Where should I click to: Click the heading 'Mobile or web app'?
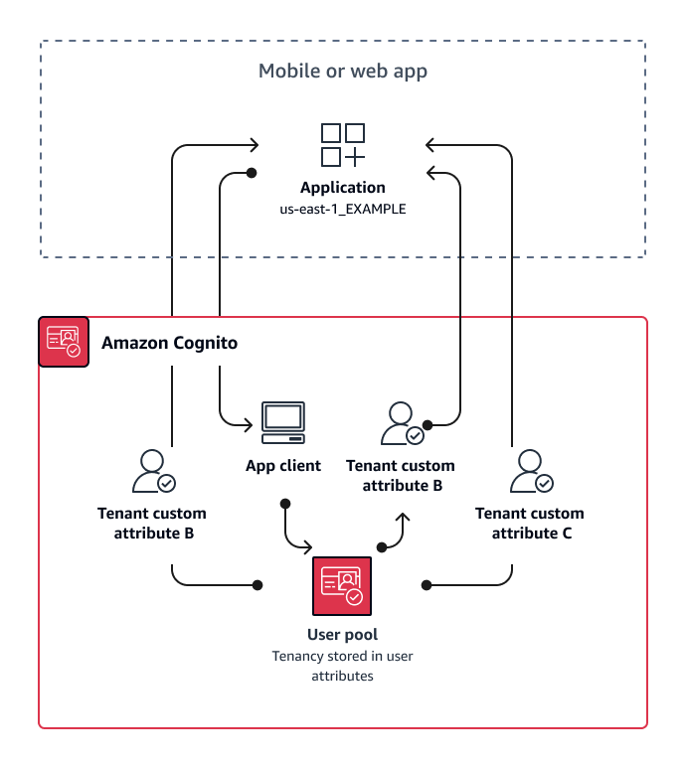tap(343, 71)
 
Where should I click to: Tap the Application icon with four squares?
tap(343, 145)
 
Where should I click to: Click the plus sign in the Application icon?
tap(355, 157)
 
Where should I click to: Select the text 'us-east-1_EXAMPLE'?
tap(343, 210)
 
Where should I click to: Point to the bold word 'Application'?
tap(343, 188)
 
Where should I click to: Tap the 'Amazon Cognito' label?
tap(169, 343)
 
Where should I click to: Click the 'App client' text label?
tap(283, 465)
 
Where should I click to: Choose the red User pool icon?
tap(342, 586)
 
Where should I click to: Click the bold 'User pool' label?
tap(342, 634)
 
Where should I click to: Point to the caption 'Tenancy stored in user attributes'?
tap(342, 665)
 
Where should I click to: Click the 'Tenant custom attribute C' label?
tap(530, 523)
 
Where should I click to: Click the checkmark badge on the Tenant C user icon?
tap(544, 483)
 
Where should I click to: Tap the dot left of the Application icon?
tap(252, 173)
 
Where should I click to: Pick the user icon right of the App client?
tap(401, 423)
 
